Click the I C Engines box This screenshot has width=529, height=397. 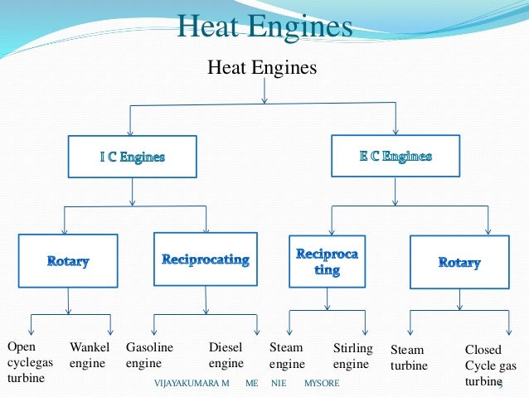(x=133, y=157)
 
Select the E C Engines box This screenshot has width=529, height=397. (x=396, y=156)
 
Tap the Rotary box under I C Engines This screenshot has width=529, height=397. (x=68, y=261)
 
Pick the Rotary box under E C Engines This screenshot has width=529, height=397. (x=459, y=262)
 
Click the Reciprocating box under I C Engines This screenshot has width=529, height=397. (x=205, y=259)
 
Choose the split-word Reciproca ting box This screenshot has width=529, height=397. (x=328, y=261)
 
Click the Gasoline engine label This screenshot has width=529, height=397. (x=149, y=356)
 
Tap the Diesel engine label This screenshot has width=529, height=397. (x=226, y=356)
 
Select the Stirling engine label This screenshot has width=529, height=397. (x=352, y=356)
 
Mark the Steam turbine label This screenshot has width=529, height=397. (x=409, y=358)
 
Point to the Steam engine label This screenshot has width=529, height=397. (x=288, y=356)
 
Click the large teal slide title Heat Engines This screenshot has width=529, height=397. (x=264, y=27)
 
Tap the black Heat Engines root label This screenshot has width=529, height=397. (x=262, y=66)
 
